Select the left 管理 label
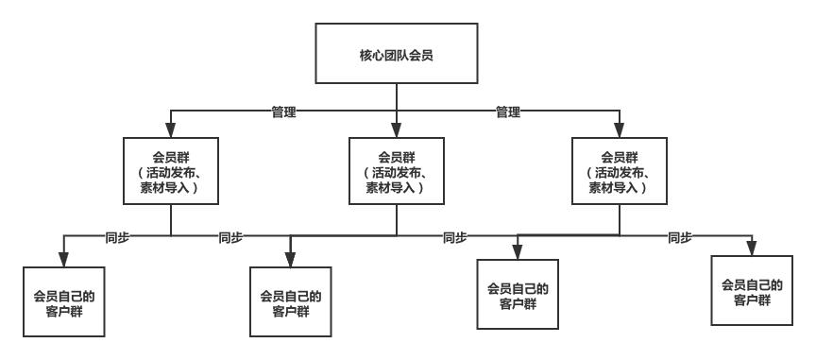click(x=284, y=111)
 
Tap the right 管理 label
click(x=510, y=111)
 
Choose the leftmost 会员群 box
click(x=170, y=171)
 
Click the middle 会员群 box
click(x=396, y=171)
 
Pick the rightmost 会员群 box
click(x=619, y=169)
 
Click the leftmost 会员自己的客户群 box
click(x=63, y=301)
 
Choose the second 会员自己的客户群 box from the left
click(x=290, y=301)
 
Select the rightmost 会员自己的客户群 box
click(x=752, y=291)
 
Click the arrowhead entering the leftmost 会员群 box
click(x=170, y=132)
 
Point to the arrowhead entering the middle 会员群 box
click(x=396, y=132)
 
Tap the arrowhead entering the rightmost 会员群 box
click(x=619, y=130)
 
